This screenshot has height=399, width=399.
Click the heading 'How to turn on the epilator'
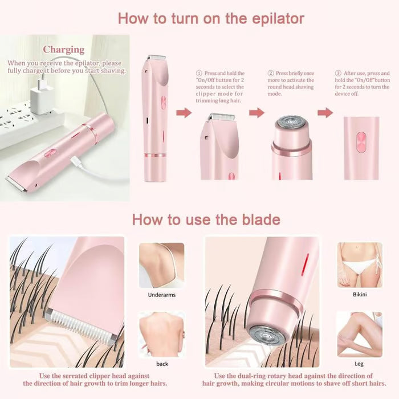coord(211,18)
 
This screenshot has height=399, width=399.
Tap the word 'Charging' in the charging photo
coord(64,50)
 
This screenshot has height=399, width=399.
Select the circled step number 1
coord(199,74)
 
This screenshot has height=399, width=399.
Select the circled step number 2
coord(271,74)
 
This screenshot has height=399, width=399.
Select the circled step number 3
coord(338,74)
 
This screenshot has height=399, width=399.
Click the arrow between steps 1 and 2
coord(256,113)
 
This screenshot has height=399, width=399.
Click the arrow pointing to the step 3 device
coord(325,113)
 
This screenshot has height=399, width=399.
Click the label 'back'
coord(161,364)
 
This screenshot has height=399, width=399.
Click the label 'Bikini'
coord(360,295)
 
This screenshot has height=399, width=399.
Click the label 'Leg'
coord(360,363)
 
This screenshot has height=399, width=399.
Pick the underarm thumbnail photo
coord(161,265)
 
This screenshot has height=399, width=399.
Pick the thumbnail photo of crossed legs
coord(359,334)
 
